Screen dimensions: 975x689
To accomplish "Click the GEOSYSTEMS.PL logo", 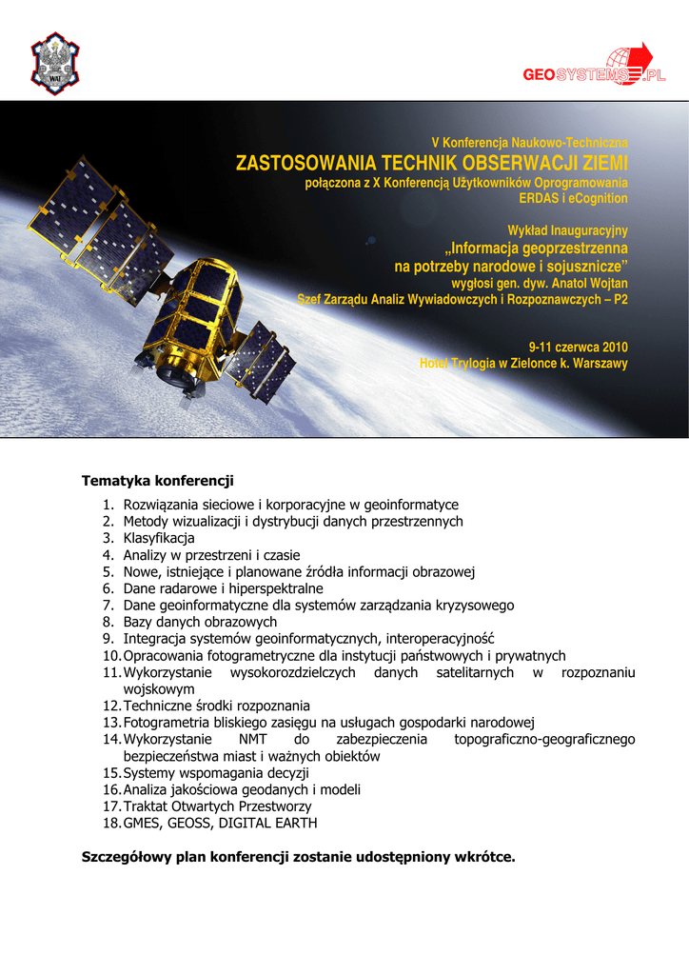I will pos(594,69).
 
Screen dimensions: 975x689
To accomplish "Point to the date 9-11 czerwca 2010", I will pos(578,347).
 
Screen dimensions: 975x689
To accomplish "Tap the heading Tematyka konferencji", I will pos(158,480).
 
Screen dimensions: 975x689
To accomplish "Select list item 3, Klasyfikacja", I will pos(159,538).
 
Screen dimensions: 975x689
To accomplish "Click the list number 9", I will pos(108,638).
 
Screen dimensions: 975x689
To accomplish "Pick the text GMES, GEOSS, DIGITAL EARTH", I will pos(220,823).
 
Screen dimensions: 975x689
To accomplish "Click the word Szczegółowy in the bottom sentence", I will pos(126,857).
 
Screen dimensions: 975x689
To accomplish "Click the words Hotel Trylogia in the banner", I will pos(457,364).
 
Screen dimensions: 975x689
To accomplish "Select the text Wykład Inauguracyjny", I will pos(567,230).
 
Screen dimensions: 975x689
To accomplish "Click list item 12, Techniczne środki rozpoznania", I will pos(216,706).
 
